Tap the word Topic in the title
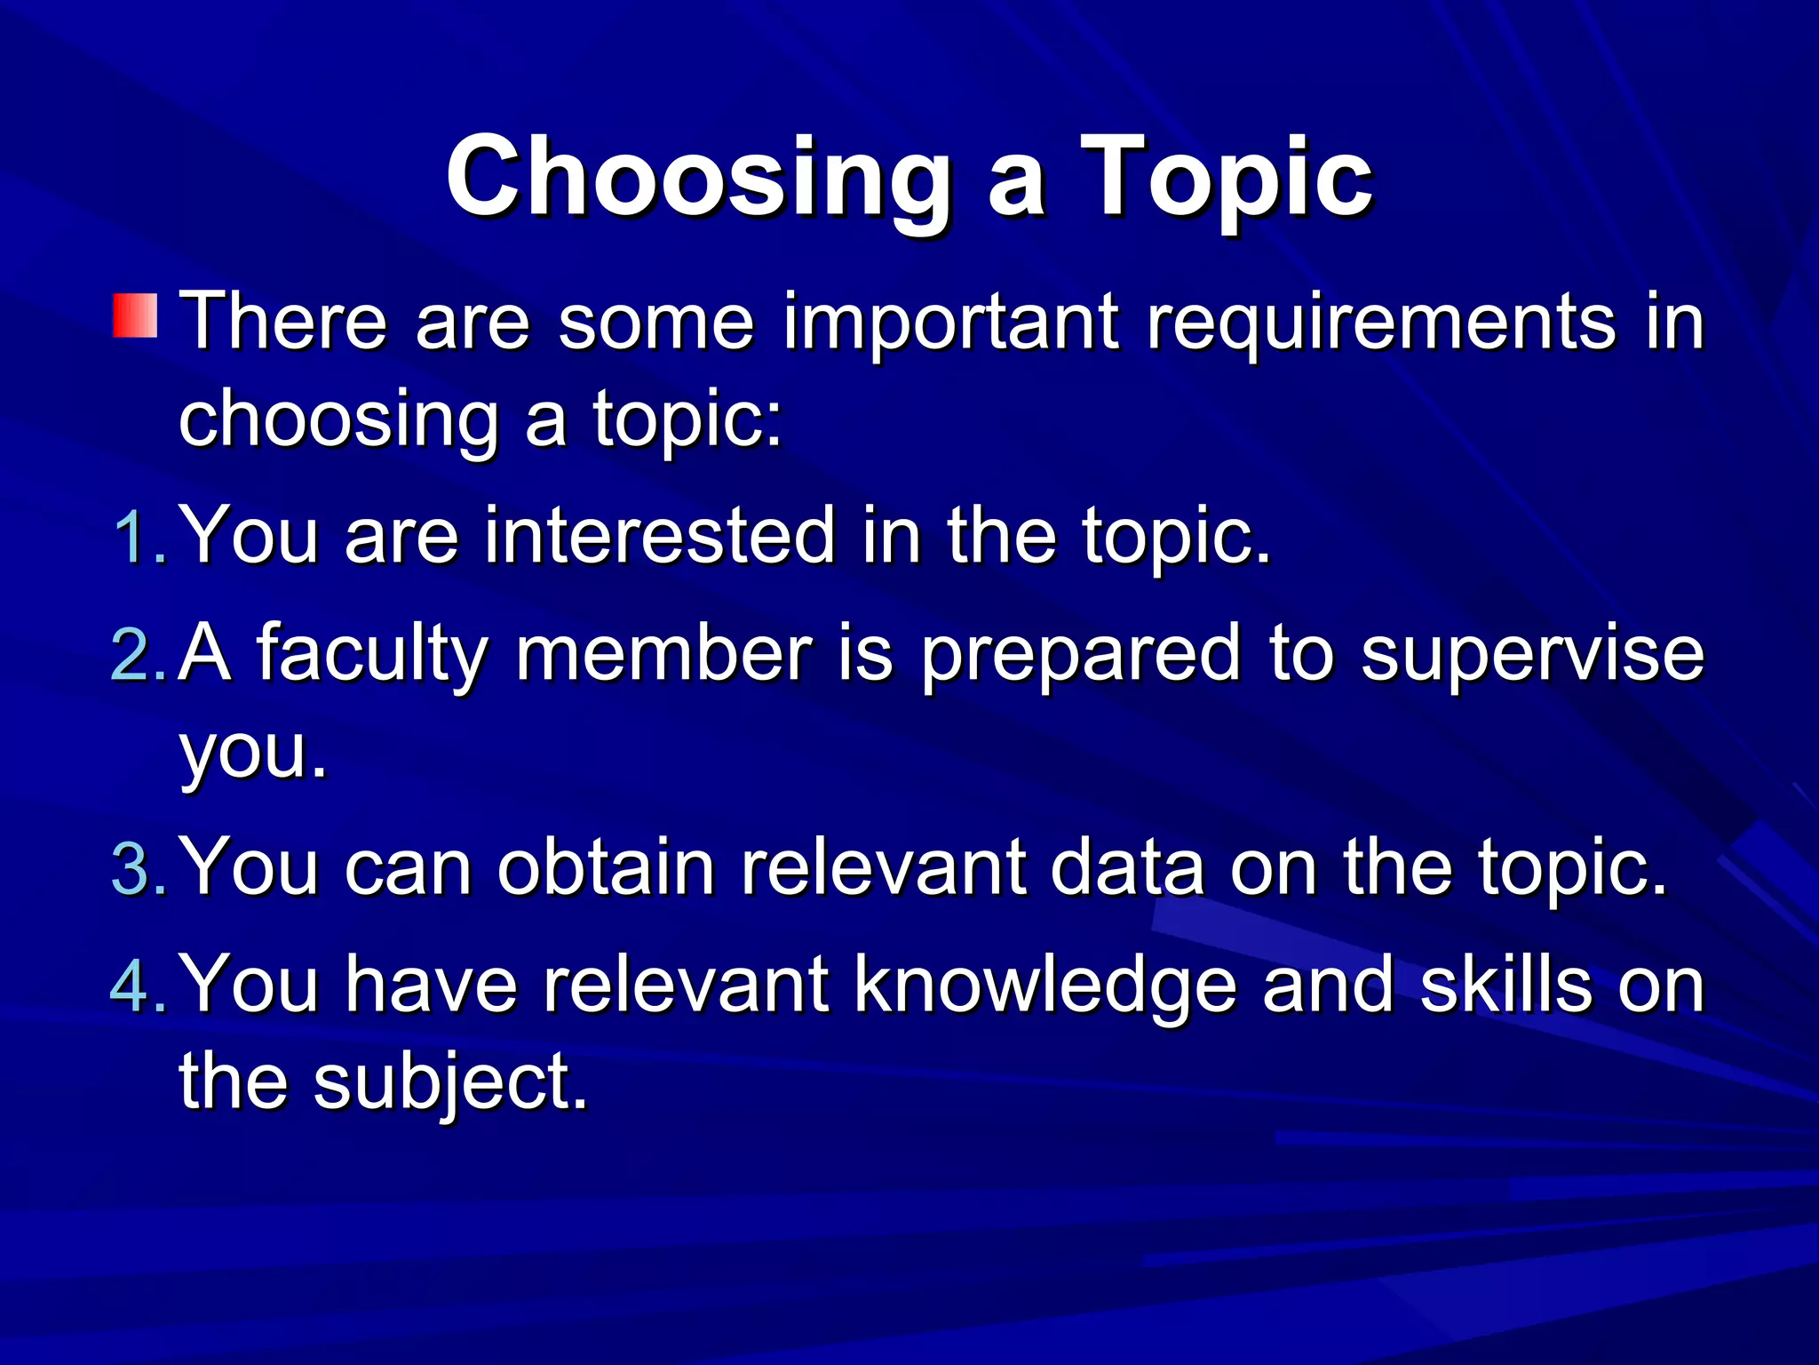[x=1226, y=178]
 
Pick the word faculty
[x=371, y=656]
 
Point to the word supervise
[x=1532, y=656]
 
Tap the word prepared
[x=1080, y=656]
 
